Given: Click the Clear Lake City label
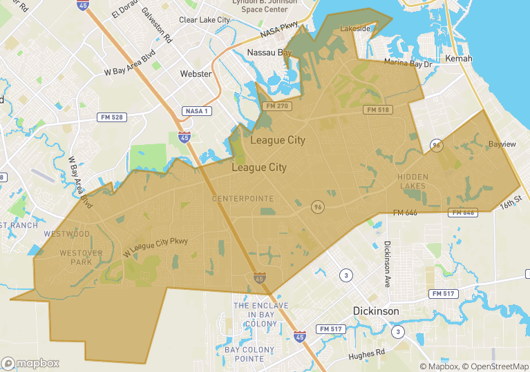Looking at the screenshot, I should pos(204,20).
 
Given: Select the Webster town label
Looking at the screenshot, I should pos(196,74).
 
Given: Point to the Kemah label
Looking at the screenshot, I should pos(459,59).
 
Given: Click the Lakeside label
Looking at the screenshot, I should pos(355,29).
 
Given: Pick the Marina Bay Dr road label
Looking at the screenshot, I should pos(408,64).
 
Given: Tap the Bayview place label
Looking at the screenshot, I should pos(502,144).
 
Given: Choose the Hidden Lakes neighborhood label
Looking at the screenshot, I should pos(413,182).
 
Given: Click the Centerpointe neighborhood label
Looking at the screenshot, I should pos(243,199).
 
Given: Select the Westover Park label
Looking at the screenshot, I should pos(82,257).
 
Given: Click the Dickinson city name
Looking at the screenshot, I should pos(376,311).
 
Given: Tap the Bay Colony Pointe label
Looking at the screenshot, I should pos(250,355).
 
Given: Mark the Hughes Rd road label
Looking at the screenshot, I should pos(367,353).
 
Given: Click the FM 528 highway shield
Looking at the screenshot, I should pos(111,117).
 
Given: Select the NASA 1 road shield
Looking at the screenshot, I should pos(198,111).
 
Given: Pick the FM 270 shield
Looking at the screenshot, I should pos(277,106).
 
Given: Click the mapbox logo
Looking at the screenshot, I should pos(30,363).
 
